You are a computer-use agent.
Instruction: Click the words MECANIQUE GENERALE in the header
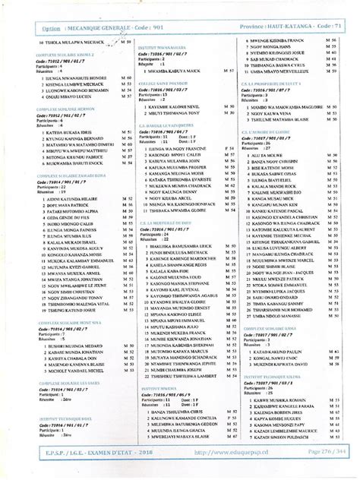(x=99, y=27)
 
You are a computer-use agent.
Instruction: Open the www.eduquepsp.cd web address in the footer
(x=226, y=472)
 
